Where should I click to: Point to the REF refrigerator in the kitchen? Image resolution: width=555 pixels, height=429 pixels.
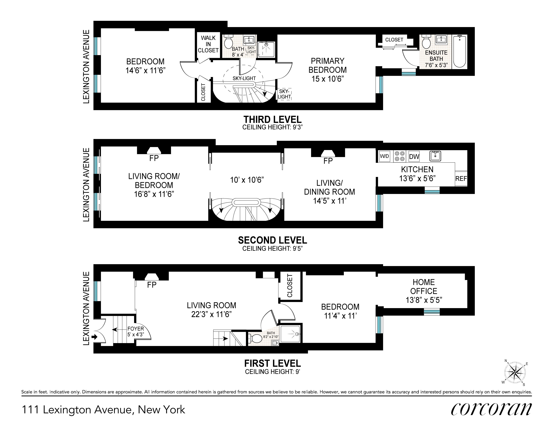(x=461, y=178)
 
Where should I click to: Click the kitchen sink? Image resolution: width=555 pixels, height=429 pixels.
(x=435, y=156)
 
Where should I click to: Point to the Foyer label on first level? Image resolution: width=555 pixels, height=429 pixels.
(x=136, y=329)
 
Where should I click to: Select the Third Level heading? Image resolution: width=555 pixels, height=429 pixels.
(x=272, y=119)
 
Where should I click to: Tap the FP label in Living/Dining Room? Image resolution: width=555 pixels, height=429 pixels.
(x=328, y=161)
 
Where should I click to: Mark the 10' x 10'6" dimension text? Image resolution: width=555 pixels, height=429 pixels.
(x=247, y=180)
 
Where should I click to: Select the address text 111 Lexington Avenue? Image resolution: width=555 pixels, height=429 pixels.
(x=103, y=410)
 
